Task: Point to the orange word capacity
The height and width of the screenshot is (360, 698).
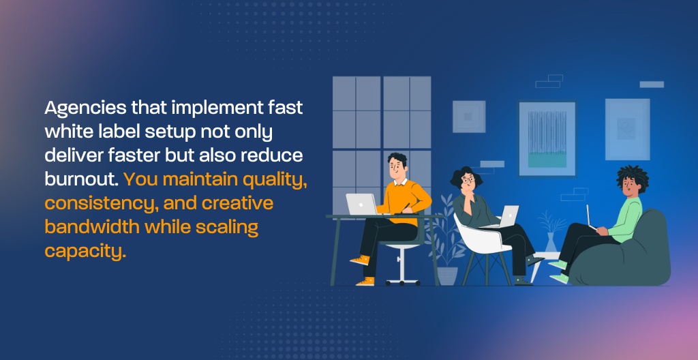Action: pos(85,251)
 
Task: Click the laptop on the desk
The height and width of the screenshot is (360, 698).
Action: pos(362,205)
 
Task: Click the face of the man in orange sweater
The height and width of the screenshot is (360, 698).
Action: pos(395,168)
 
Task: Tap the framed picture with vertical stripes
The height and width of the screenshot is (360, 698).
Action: pos(547,138)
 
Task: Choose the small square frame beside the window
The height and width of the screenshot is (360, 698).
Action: pos(469,117)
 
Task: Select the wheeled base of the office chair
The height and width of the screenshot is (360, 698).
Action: pos(402,281)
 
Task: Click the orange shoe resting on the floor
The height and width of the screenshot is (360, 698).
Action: pos(365,282)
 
